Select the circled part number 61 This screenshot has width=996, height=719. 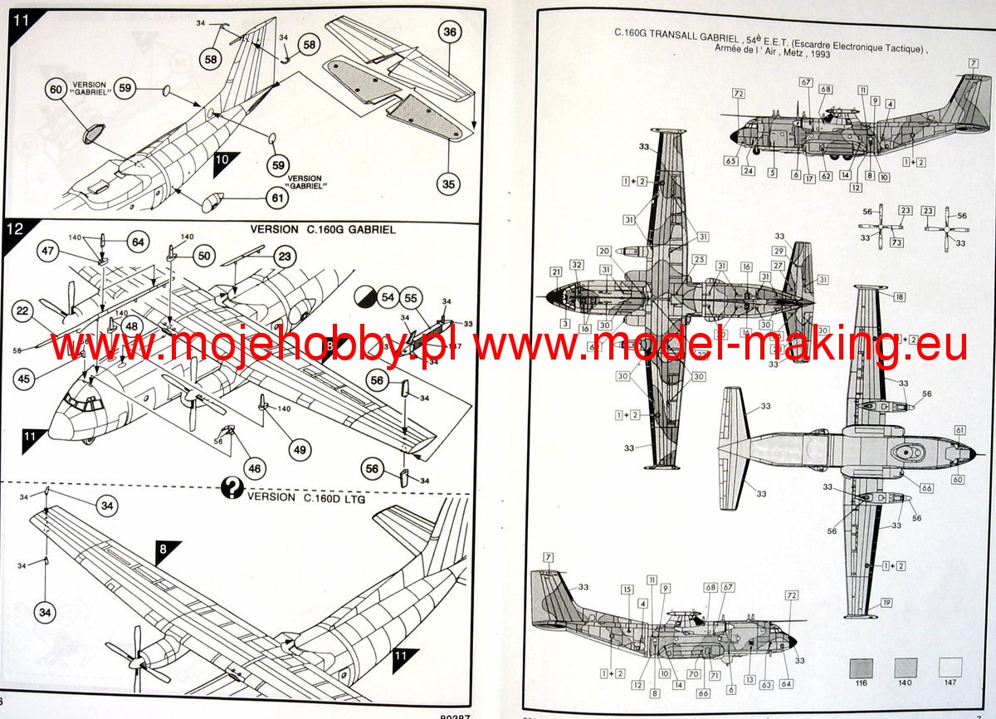coord(277,198)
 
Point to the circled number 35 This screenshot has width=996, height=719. coord(449,183)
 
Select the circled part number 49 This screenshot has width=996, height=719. coord(300,449)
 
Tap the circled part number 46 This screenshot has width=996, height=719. coord(254,468)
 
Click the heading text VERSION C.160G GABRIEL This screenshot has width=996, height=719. coord(326,230)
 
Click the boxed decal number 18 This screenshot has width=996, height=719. coord(900,296)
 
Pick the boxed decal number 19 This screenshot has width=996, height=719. coord(886,603)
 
